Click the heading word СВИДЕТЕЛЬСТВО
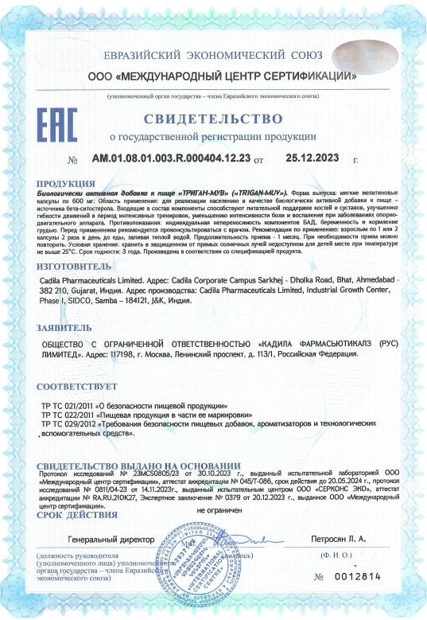pyautogui.click(x=213, y=121)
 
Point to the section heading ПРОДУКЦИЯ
pyautogui.click(x=67, y=183)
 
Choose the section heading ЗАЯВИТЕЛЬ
pyautogui.click(x=64, y=328)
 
